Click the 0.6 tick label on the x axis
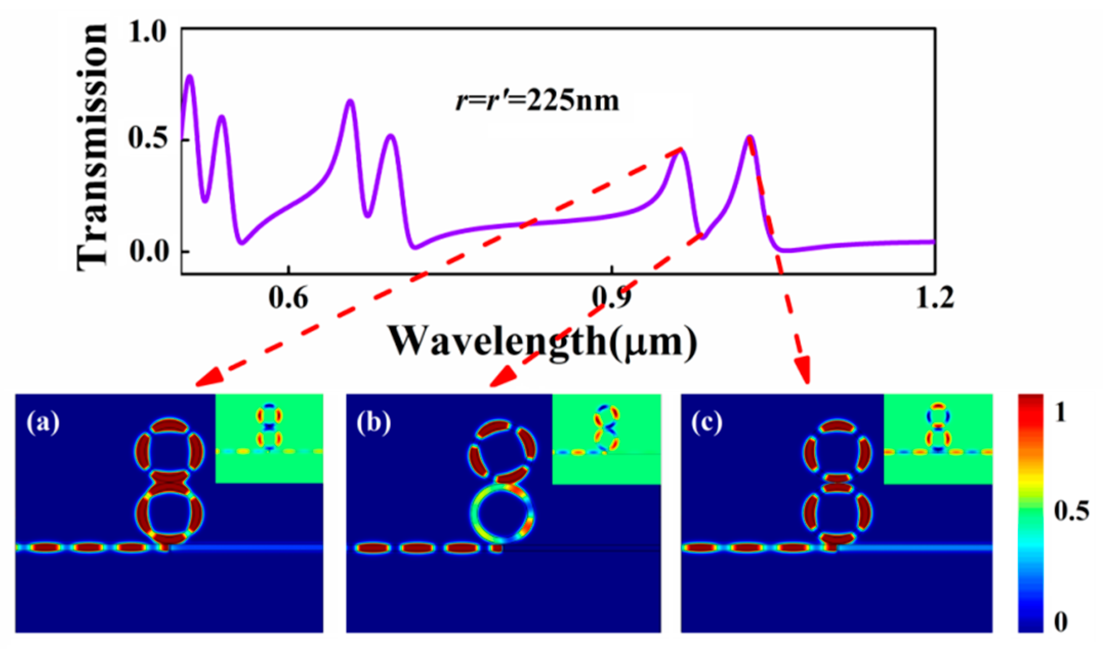pyautogui.click(x=289, y=298)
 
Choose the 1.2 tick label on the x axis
pyautogui.click(x=934, y=298)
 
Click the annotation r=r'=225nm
pyautogui.click(x=537, y=101)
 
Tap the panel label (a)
pyautogui.click(x=44, y=424)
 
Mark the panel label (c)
pyautogui.click(x=707, y=424)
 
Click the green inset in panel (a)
pyautogui.click(x=269, y=438)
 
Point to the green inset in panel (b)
pyautogui.click(x=607, y=439)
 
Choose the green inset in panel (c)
pyautogui.click(x=939, y=439)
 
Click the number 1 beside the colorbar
pyautogui.click(x=1061, y=412)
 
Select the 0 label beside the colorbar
pyautogui.click(x=1061, y=622)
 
